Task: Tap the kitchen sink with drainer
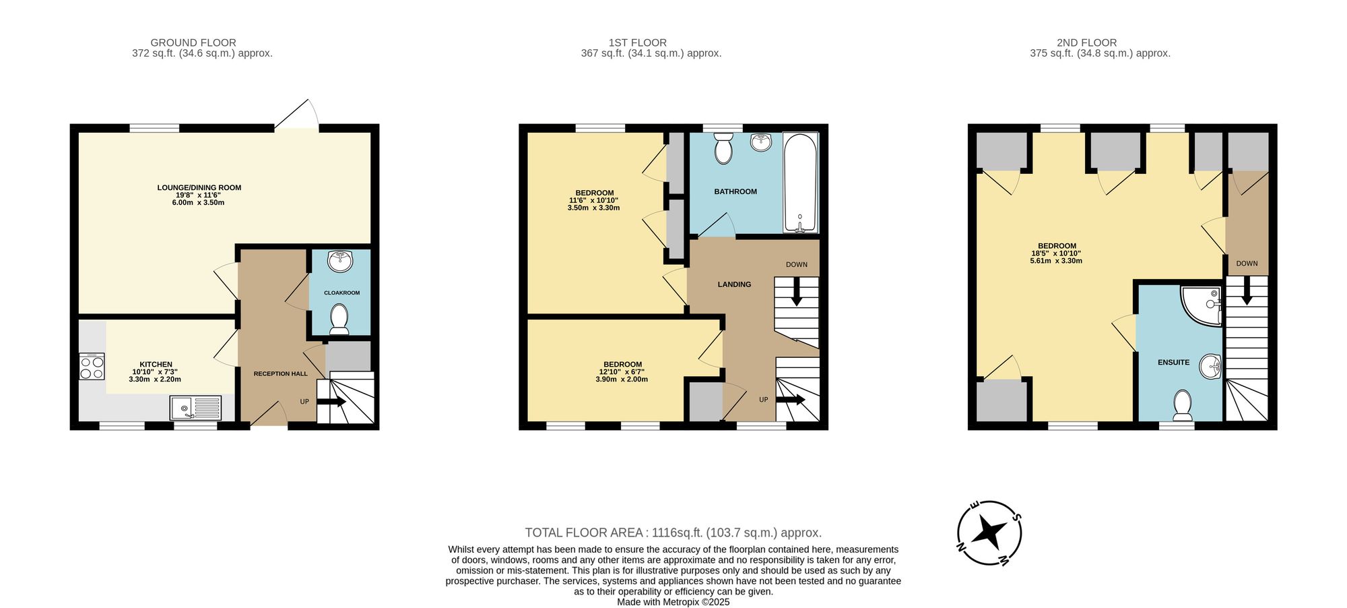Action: (195, 408)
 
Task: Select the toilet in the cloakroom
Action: (339, 319)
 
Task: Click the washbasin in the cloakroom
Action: (341, 261)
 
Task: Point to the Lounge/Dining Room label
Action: (199, 188)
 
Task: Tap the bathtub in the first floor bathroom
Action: (800, 183)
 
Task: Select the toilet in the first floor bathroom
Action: (723, 148)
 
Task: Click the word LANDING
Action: (734, 284)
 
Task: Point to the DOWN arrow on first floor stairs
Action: (796, 295)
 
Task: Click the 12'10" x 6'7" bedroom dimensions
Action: (622, 372)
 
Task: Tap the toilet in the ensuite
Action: (1182, 404)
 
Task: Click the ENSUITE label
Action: (1173, 363)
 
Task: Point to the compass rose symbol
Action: (989, 533)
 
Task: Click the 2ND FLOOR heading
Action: (1086, 42)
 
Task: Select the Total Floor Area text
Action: (673, 533)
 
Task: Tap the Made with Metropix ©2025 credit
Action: (673, 602)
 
